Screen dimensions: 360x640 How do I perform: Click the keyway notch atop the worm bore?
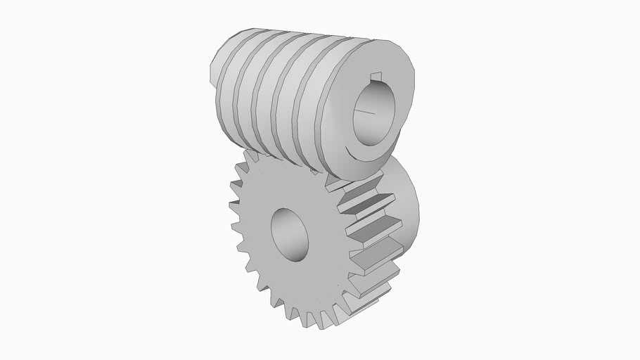coord(376,76)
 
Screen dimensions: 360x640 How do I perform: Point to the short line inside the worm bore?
coord(366,110)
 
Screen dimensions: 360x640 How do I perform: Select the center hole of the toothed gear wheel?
coord(289,234)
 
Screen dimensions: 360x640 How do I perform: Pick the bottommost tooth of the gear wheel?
coord(309,320)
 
